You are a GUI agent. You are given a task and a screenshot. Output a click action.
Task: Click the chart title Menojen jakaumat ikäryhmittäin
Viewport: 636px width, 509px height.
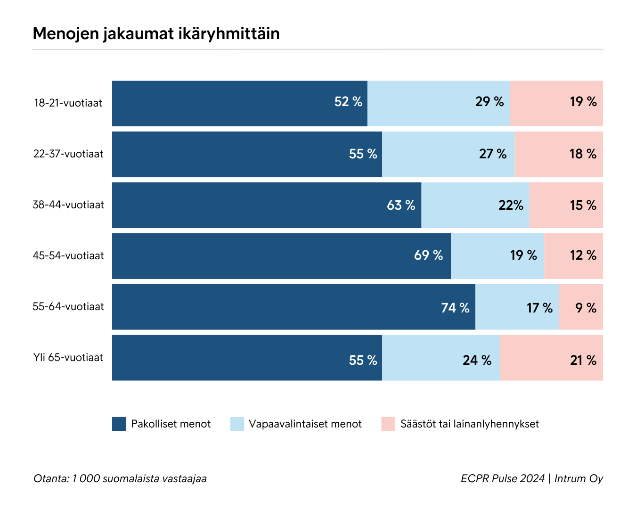coord(156,33)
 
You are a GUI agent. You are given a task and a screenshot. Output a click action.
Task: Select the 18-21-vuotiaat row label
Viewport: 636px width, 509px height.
coord(68,103)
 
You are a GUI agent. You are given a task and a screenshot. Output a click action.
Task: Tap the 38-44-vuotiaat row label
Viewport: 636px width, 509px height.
coord(68,205)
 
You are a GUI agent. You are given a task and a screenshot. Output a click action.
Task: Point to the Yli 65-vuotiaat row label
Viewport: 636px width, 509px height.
coord(68,357)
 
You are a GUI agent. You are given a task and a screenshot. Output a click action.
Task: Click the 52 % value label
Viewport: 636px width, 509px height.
coord(348,102)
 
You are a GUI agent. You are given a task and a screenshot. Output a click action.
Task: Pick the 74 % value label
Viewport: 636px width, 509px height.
coord(455,308)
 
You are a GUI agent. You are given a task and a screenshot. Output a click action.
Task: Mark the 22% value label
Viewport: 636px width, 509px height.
coord(511,205)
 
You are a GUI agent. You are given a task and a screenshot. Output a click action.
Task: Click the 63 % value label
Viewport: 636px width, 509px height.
coord(401,205)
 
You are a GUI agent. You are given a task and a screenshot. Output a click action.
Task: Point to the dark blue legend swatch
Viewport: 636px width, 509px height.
coord(119,424)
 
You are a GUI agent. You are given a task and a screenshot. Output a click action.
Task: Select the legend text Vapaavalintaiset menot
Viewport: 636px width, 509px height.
coord(305,424)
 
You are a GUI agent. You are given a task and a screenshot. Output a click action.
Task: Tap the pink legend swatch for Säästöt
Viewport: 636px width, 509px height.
coord(388,424)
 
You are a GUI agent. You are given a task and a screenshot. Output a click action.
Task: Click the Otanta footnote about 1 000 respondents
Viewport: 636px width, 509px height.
coord(120,478)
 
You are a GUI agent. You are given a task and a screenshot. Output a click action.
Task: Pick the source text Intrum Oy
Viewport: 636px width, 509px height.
coord(579,478)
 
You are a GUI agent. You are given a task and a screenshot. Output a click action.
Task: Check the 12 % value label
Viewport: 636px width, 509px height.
coord(583,255)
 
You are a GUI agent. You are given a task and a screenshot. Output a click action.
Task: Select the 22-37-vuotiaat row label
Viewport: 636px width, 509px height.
coord(68,154)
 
